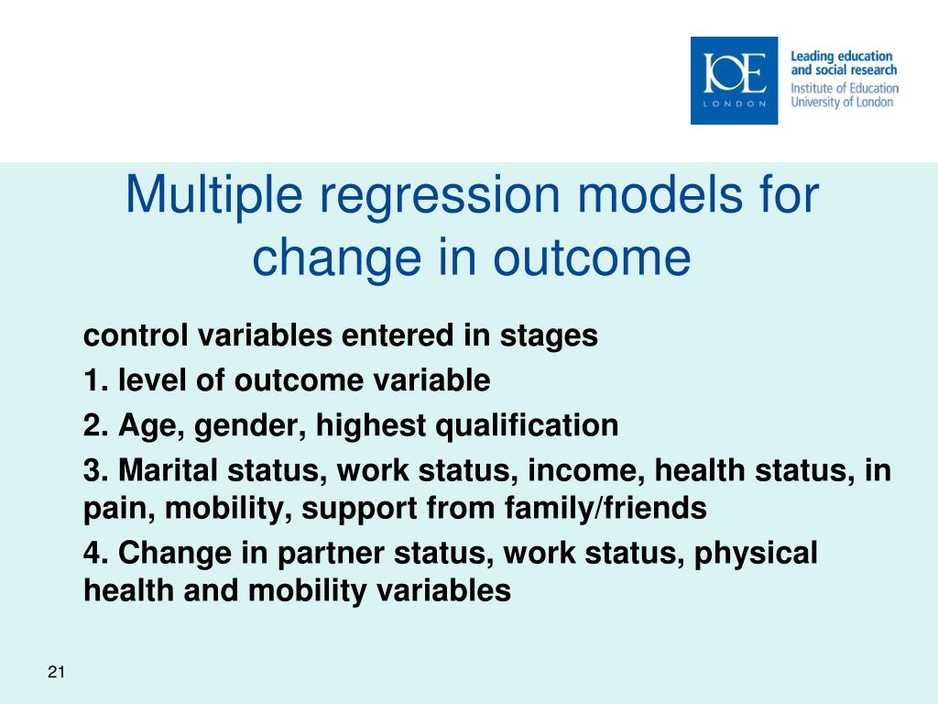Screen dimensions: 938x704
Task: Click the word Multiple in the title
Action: pos(213,196)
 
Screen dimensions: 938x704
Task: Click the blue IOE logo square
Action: pos(734,81)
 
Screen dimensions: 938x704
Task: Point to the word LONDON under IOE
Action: pos(734,104)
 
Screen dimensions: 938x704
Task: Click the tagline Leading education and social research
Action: pos(844,63)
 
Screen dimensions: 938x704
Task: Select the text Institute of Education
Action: pos(845,88)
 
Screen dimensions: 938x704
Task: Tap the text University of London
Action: pos(842,102)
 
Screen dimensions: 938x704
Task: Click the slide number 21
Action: pos(56,672)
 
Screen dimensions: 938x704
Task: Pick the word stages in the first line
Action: pos(549,336)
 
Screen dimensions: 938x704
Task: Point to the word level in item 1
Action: pos(152,380)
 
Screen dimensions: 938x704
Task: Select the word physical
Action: pos(756,554)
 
